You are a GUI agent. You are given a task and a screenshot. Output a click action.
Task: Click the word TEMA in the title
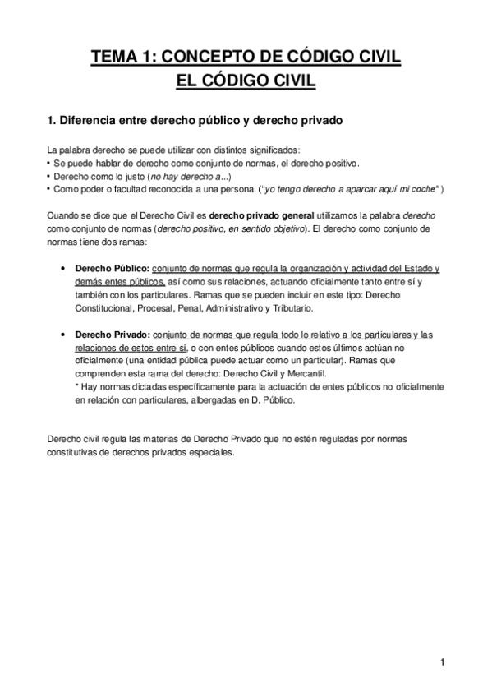click(x=115, y=57)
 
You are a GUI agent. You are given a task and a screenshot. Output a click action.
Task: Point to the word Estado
click(x=419, y=269)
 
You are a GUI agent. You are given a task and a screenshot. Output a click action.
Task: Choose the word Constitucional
click(x=108, y=308)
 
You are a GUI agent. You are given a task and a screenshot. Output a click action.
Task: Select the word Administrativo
click(x=227, y=308)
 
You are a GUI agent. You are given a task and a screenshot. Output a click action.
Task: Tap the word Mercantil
click(x=323, y=374)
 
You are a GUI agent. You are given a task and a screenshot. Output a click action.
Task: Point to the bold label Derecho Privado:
click(x=112, y=335)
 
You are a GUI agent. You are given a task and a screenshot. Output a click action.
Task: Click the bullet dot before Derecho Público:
click(x=63, y=270)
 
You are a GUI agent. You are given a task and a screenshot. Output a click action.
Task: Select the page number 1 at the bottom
click(x=442, y=663)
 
